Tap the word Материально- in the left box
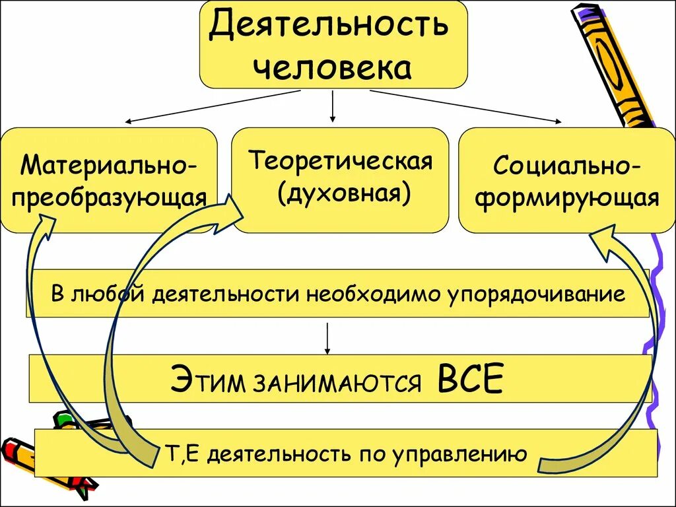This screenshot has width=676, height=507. click(x=108, y=164)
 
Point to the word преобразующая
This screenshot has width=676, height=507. click(x=109, y=197)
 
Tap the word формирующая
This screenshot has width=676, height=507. click(x=567, y=198)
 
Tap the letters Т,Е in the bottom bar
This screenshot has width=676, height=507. click(x=180, y=454)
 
